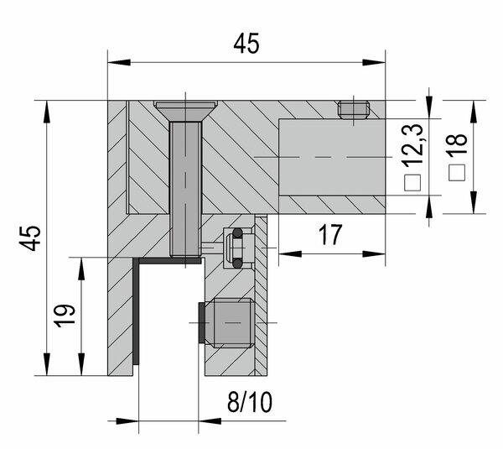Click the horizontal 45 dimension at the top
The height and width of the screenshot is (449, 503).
click(246, 44)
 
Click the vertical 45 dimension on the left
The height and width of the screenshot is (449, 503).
click(30, 238)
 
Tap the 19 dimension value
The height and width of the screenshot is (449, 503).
click(65, 316)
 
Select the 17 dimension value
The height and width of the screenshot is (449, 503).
click(330, 235)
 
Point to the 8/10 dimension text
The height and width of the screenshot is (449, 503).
click(250, 402)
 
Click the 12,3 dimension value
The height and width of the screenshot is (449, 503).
click(414, 145)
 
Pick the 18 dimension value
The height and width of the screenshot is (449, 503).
click(458, 145)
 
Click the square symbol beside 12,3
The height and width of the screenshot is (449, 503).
click(412, 183)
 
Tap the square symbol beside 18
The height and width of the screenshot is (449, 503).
click(457, 173)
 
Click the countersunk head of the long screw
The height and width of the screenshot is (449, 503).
click(186, 111)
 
